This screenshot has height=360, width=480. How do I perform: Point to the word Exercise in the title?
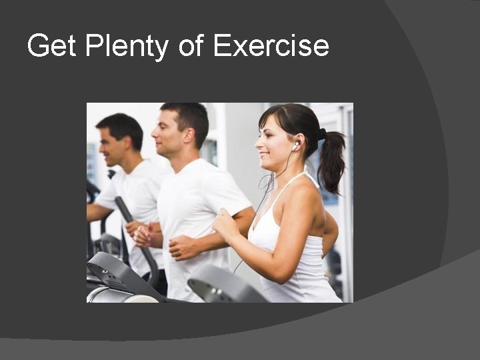(271, 47)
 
